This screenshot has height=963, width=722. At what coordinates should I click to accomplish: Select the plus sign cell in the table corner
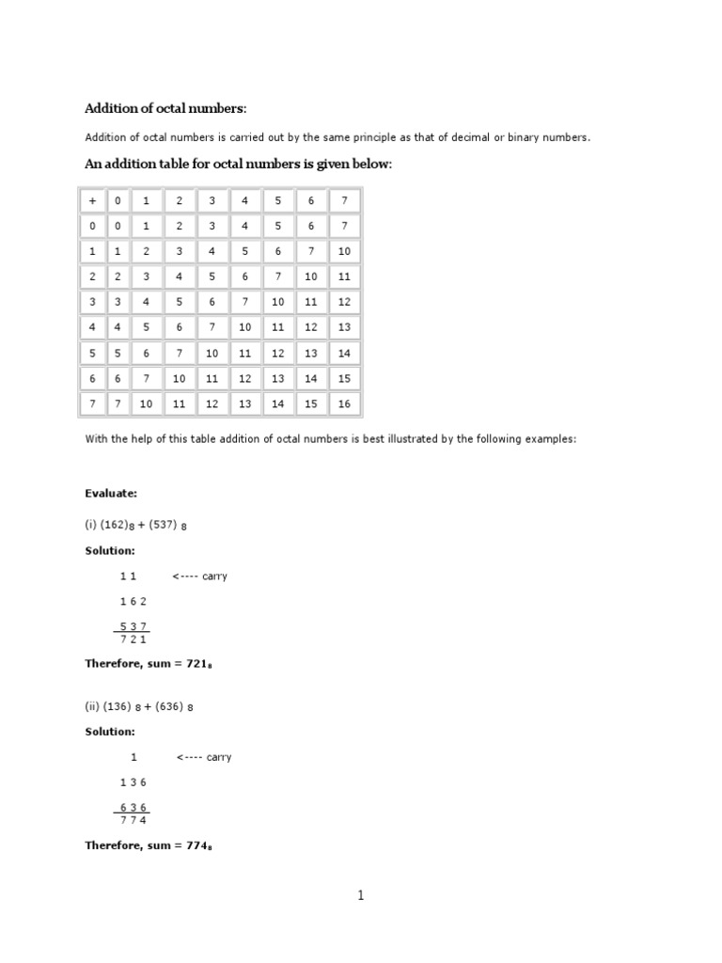[x=92, y=200]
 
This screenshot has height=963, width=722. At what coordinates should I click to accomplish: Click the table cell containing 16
[x=344, y=403]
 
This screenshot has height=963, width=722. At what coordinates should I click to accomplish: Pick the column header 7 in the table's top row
[x=344, y=200]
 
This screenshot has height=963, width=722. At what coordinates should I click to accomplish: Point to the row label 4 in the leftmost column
[x=92, y=327]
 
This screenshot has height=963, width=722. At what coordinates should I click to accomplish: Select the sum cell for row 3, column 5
[x=278, y=302]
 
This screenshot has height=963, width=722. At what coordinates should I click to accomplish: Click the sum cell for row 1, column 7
[x=344, y=251]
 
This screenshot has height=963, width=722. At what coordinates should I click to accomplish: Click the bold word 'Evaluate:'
[x=111, y=492]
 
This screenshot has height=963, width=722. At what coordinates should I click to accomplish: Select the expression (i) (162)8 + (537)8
[x=136, y=524]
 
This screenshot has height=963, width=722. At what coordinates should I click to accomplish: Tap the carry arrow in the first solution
[x=199, y=576]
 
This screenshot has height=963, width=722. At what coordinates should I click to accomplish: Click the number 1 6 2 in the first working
[x=133, y=601]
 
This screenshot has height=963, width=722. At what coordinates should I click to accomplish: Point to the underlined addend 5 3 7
[x=133, y=626]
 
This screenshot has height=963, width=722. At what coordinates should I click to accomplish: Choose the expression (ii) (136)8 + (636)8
[x=140, y=705]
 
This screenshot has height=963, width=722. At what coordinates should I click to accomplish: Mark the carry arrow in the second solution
[x=203, y=757]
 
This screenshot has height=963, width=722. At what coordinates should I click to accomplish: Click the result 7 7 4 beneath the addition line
[x=133, y=819]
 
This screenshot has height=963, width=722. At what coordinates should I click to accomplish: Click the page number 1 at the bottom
[x=360, y=895]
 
